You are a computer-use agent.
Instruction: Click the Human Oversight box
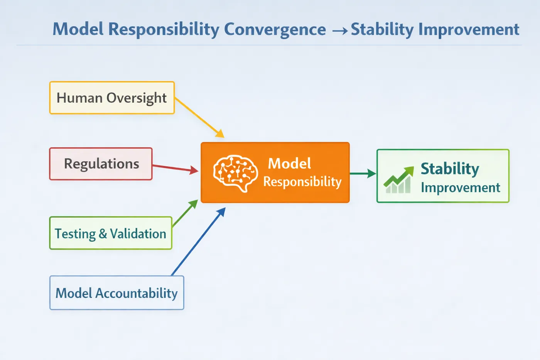point(112,98)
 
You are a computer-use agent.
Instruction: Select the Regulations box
point(101,164)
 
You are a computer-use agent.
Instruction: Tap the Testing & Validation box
point(111,233)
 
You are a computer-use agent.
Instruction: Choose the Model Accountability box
point(116,293)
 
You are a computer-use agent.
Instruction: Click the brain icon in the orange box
point(235,173)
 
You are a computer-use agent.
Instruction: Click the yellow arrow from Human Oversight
point(199,117)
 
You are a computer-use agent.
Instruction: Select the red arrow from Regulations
point(175,168)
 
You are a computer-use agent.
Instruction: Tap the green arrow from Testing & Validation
point(185,213)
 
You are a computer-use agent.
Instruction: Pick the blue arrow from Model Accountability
point(198,242)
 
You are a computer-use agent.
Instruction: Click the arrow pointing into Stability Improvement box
point(363,173)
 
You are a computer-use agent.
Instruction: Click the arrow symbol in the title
point(339,30)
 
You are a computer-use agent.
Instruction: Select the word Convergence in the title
point(275,29)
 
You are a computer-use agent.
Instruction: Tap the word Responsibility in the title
point(164,29)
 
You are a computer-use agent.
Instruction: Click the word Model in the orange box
point(289,164)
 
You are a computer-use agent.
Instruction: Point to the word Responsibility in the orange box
point(302,182)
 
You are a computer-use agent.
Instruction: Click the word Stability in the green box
point(450,169)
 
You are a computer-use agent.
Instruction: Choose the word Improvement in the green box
point(461,188)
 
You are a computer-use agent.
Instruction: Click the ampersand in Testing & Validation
point(103,233)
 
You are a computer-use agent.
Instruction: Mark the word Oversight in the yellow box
point(137,98)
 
